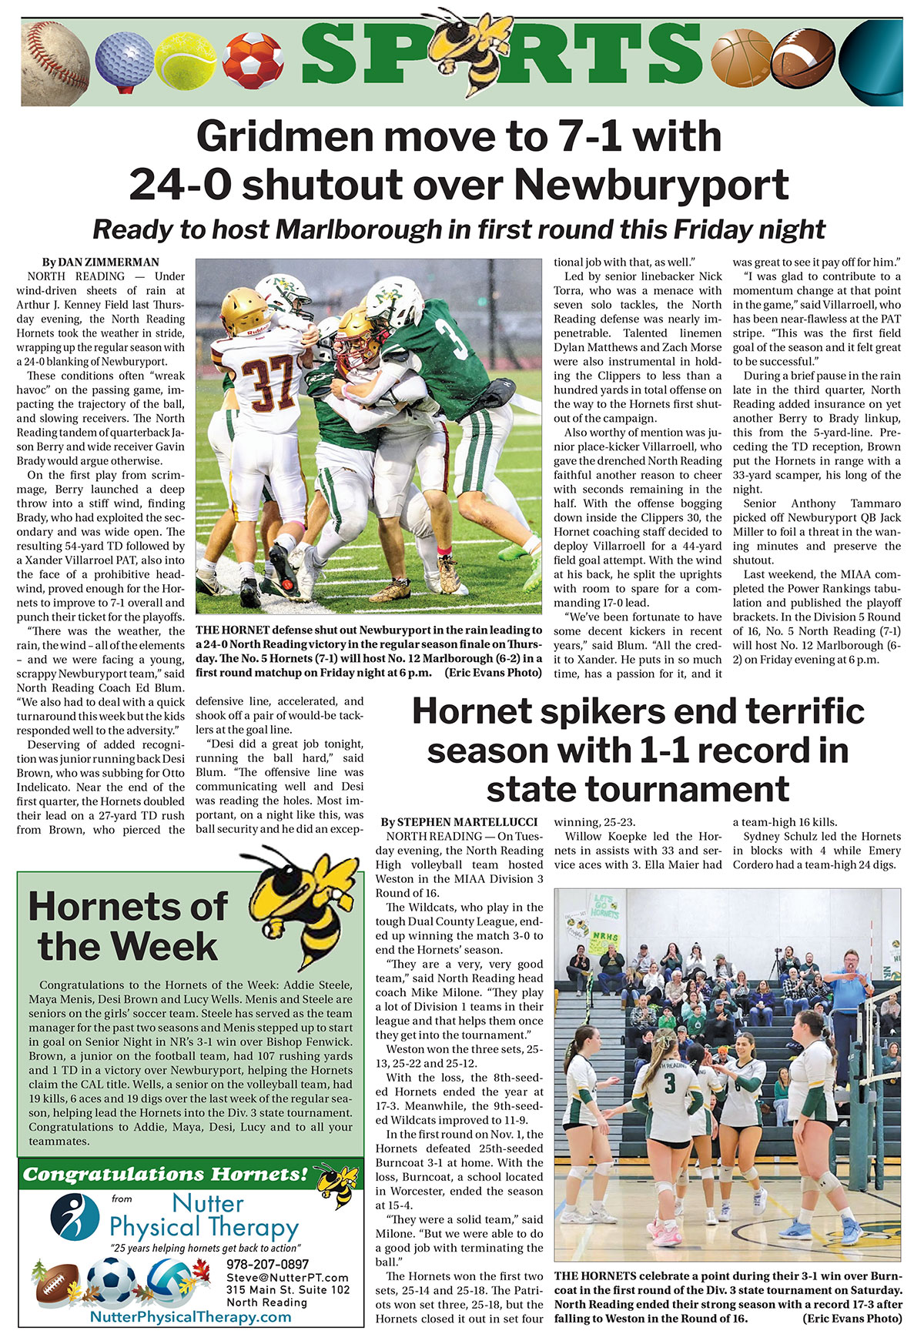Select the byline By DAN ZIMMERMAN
point(101,262)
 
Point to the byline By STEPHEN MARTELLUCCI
point(460,822)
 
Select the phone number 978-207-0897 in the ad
point(267,1264)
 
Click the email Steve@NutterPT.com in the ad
point(287,1278)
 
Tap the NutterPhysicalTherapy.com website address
point(191,1317)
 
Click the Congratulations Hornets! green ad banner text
point(166,1174)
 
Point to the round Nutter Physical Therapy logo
point(75,1216)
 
